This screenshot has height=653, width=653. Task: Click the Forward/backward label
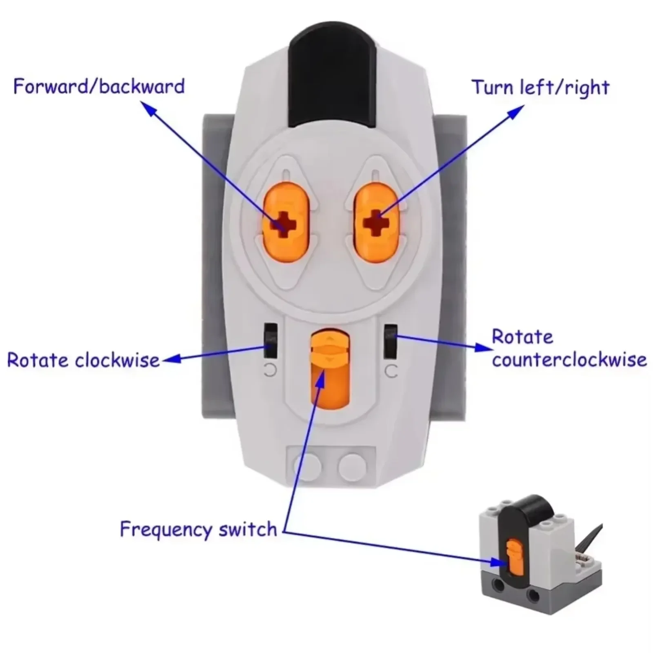click(99, 87)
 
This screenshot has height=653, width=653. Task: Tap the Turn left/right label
click(540, 88)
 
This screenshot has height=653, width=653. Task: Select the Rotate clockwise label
click(83, 360)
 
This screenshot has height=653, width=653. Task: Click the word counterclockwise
click(569, 360)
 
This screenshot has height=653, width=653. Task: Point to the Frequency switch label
click(198, 529)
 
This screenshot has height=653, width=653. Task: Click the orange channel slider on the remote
click(330, 369)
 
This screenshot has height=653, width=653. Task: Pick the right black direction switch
click(391, 342)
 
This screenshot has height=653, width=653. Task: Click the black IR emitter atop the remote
click(332, 76)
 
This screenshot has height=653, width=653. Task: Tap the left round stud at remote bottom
click(307, 466)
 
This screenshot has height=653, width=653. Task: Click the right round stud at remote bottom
click(352, 466)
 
